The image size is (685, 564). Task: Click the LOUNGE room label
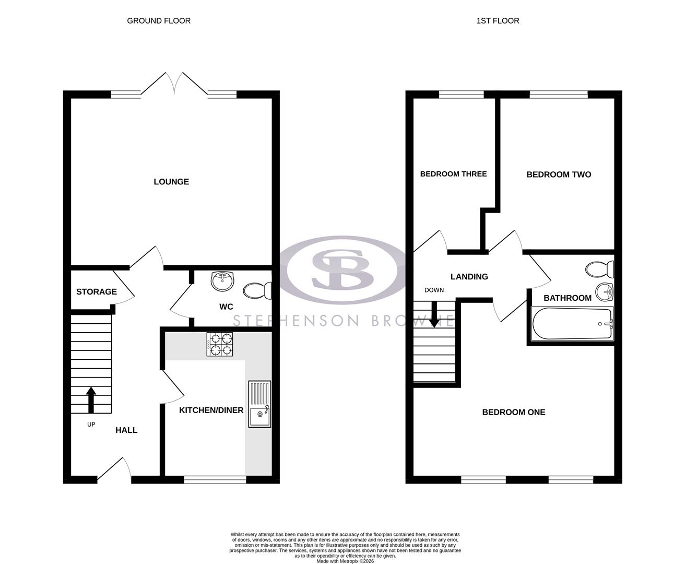(x=171, y=182)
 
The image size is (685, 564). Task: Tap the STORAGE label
(x=97, y=291)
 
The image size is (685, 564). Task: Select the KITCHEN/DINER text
(x=211, y=410)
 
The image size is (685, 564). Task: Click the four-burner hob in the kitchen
(x=219, y=345)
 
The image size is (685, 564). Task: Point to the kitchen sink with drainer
(x=259, y=404)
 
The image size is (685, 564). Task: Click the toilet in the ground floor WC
(x=257, y=290)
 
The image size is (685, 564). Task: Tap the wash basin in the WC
(x=222, y=281)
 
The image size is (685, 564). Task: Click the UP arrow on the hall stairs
(x=91, y=399)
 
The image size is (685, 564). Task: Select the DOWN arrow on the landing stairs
(x=434, y=315)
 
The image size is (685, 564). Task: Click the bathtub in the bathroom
(x=572, y=324)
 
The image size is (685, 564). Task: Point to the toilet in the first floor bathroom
(x=599, y=269)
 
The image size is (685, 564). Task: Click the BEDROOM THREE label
(x=453, y=174)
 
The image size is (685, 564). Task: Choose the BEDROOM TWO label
(x=559, y=174)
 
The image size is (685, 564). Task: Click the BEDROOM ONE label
(x=513, y=412)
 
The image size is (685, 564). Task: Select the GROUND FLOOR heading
(x=159, y=21)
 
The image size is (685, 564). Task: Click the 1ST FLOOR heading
(x=498, y=21)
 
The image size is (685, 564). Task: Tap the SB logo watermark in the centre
(x=342, y=270)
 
